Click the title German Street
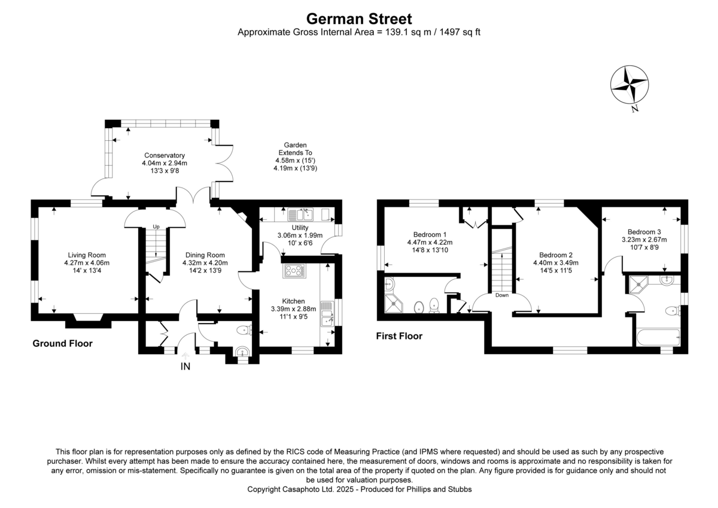[359, 19]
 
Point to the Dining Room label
[203, 255]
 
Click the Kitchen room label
[293, 301]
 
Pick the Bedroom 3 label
[644, 232]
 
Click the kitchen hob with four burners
[294, 271]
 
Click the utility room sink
[300, 213]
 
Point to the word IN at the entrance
[185, 367]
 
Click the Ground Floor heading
[62, 343]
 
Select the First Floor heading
[399, 336]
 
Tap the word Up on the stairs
[156, 226]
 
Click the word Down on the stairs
[502, 295]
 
